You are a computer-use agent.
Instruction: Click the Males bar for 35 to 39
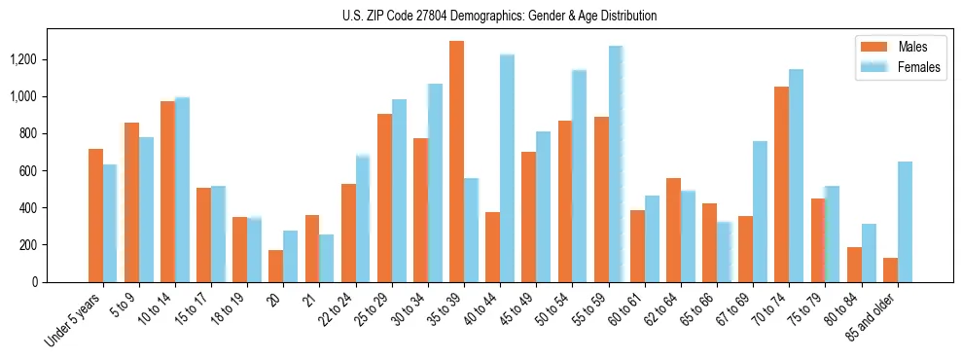456,162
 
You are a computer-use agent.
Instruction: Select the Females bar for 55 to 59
616,164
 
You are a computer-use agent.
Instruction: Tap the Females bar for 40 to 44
507,168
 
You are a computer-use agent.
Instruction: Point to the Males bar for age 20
276,266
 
